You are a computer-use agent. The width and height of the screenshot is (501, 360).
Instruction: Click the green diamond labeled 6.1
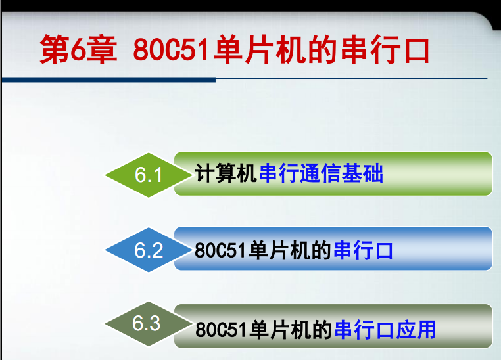click(149, 175)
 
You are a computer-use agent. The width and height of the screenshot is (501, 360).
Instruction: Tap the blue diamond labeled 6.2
click(149, 250)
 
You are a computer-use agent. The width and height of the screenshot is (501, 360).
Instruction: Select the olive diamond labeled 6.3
click(149, 324)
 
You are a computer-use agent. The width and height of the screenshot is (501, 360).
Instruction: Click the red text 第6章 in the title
click(78, 50)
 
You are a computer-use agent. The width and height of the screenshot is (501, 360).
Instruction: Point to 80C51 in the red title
click(172, 50)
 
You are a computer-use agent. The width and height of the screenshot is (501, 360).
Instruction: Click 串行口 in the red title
click(385, 50)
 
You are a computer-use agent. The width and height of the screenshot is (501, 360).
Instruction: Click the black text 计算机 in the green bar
click(226, 173)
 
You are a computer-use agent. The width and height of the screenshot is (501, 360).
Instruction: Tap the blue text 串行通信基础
click(321, 173)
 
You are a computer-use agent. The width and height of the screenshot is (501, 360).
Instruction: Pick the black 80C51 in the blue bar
click(220, 250)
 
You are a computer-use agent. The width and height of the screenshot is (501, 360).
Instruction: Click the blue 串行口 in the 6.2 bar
click(363, 250)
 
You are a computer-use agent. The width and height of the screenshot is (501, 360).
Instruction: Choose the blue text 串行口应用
click(385, 329)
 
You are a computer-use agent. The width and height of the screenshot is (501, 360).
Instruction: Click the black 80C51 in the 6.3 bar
click(221, 329)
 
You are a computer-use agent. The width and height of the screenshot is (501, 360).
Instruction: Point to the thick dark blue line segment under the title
click(108, 79)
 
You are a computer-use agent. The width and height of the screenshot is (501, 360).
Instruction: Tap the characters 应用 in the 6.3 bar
click(416, 329)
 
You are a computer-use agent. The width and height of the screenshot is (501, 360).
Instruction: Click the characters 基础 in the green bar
click(362, 173)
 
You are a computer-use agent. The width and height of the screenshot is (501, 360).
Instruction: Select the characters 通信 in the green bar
click(320, 173)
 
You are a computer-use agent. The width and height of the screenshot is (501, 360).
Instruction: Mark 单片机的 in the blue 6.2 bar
click(290, 250)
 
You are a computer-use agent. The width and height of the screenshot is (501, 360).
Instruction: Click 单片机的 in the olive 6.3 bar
click(291, 329)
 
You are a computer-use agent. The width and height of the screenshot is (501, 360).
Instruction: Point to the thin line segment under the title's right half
click(352, 78)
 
